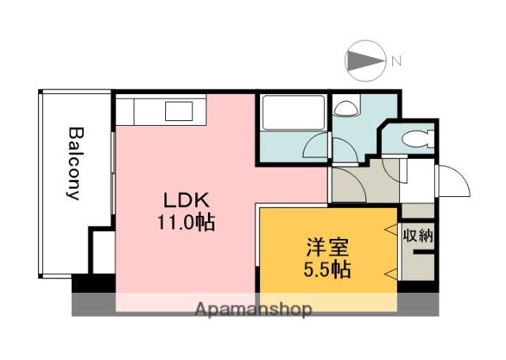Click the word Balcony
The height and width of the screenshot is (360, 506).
pos(75,164)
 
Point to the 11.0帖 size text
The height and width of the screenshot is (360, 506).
pos(185,222)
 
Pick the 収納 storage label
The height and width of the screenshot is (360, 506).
pos(417,235)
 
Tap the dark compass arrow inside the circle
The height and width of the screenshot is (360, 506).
pos(364,60)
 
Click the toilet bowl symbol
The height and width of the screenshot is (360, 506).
pos(414,140)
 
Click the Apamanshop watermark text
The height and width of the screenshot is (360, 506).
pos(253,309)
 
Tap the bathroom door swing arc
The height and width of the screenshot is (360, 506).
pos(316,144)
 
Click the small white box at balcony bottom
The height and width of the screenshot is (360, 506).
pos(100,251)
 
